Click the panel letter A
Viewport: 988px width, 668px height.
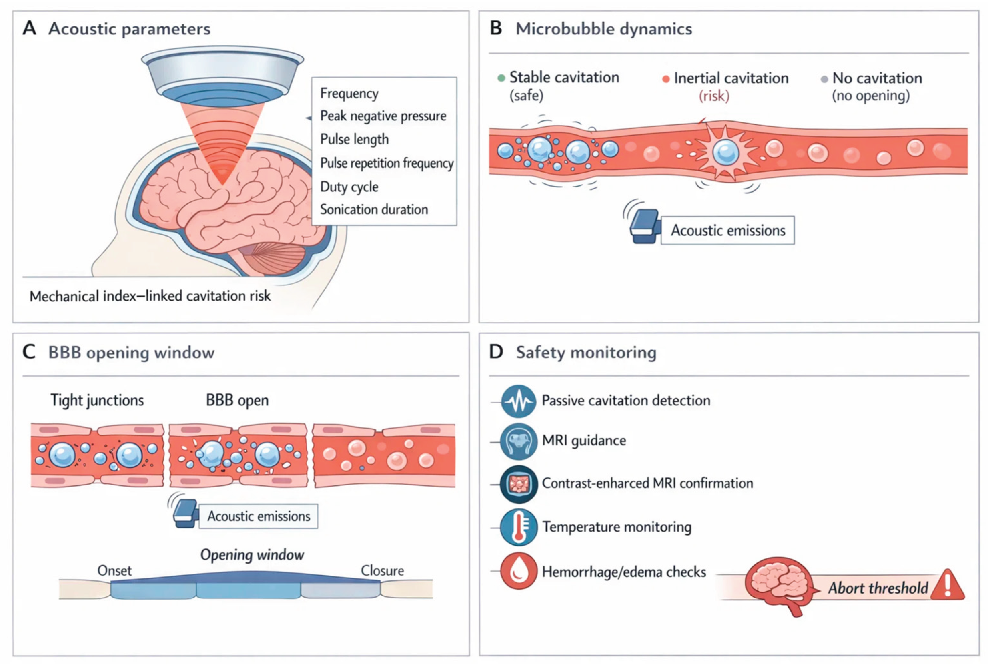click(x=29, y=28)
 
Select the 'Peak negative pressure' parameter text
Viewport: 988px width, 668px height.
click(x=383, y=116)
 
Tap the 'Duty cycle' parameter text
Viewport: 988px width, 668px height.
click(x=349, y=187)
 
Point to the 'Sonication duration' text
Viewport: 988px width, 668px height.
click(x=374, y=210)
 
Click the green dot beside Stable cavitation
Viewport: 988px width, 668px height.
click(x=501, y=78)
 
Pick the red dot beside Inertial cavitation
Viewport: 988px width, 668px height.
click(x=666, y=79)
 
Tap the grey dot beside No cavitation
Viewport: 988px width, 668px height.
click(x=824, y=79)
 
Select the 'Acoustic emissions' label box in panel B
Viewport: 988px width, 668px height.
click(x=727, y=230)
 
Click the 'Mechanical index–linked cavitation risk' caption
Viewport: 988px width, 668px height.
click(x=150, y=296)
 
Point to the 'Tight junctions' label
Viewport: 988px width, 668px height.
click(x=97, y=400)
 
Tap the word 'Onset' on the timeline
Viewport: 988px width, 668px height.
click(x=114, y=571)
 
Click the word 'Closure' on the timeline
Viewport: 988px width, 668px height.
click(x=382, y=571)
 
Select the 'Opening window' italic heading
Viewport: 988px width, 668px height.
click(x=252, y=554)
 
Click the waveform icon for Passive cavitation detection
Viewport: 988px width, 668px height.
click(x=518, y=401)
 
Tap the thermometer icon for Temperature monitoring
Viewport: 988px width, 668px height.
click(x=518, y=527)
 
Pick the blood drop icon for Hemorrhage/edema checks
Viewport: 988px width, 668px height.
click(x=518, y=571)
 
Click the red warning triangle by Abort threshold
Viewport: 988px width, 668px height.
click(x=948, y=586)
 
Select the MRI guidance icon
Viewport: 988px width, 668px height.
click(x=518, y=441)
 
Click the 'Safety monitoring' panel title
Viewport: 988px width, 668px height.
click(x=586, y=353)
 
